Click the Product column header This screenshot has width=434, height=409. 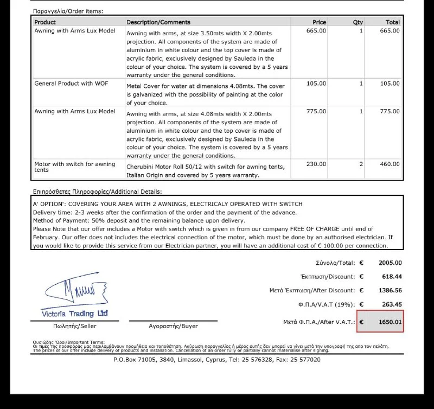[x=45, y=22]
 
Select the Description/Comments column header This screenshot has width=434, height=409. [x=158, y=22]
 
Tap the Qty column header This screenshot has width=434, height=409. [x=358, y=22]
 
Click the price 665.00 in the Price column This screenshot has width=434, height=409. [x=316, y=31]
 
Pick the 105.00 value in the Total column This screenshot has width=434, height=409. [x=389, y=84]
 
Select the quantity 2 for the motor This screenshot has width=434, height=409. [x=361, y=164]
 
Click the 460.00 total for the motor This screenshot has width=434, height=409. [x=389, y=164]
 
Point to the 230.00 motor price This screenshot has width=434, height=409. [x=316, y=164]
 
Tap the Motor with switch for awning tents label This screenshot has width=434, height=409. [x=74, y=167]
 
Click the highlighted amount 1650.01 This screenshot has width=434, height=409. [x=390, y=322]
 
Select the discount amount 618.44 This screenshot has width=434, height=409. [x=391, y=277]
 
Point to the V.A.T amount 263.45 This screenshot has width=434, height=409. [x=391, y=304]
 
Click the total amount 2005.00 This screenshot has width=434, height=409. [x=390, y=263]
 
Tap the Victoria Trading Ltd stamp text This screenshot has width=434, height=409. [x=75, y=314]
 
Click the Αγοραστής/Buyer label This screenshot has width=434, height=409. [x=173, y=326]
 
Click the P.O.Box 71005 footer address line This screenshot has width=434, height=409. [x=216, y=359]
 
